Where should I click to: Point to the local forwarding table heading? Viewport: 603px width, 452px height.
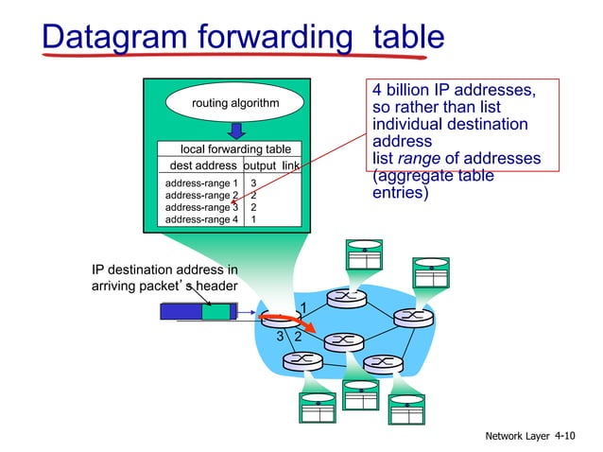click(235, 149)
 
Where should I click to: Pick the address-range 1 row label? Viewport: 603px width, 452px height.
click(201, 183)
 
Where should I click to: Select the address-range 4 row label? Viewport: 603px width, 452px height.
click(201, 219)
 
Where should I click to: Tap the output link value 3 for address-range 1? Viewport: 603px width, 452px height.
click(253, 183)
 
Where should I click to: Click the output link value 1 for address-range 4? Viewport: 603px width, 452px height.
click(253, 219)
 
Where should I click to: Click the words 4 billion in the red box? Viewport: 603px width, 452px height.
click(405, 91)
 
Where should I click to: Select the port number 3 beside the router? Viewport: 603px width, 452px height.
click(280, 336)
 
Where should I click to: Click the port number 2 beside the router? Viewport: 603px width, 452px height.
click(298, 336)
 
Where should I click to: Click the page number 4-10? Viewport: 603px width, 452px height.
click(564, 436)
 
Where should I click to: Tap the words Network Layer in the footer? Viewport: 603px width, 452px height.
click(518, 436)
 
